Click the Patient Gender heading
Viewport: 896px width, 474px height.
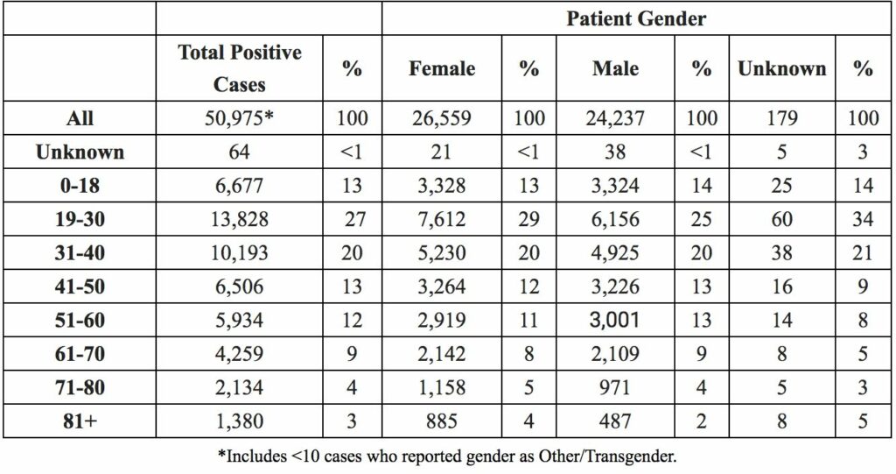(x=636, y=18)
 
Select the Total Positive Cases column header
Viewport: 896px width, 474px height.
(x=240, y=68)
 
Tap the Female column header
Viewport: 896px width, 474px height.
(x=442, y=68)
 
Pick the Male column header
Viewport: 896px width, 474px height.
(x=615, y=68)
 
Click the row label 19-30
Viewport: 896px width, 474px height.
(x=80, y=219)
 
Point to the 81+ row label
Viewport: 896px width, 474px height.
(x=80, y=421)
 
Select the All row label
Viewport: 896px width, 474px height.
(x=80, y=118)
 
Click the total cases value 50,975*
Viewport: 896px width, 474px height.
(x=240, y=118)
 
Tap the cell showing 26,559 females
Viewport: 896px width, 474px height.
(x=442, y=118)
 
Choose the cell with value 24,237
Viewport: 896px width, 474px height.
(x=615, y=118)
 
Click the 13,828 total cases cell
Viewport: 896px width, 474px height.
(x=240, y=219)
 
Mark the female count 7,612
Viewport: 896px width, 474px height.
(x=442, y=219)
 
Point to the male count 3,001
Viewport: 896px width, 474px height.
(x=615, y=320)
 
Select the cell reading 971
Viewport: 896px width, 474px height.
(x=615, y=387)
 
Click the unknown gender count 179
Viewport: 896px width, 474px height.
(x=781, y=118)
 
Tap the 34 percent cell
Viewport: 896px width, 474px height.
(x=863, y=219)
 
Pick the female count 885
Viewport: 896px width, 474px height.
(x=442, y=421)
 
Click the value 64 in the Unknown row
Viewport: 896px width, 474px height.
(x=240, y=152)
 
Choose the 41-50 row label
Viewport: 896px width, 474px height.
(x=80, y=286)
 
